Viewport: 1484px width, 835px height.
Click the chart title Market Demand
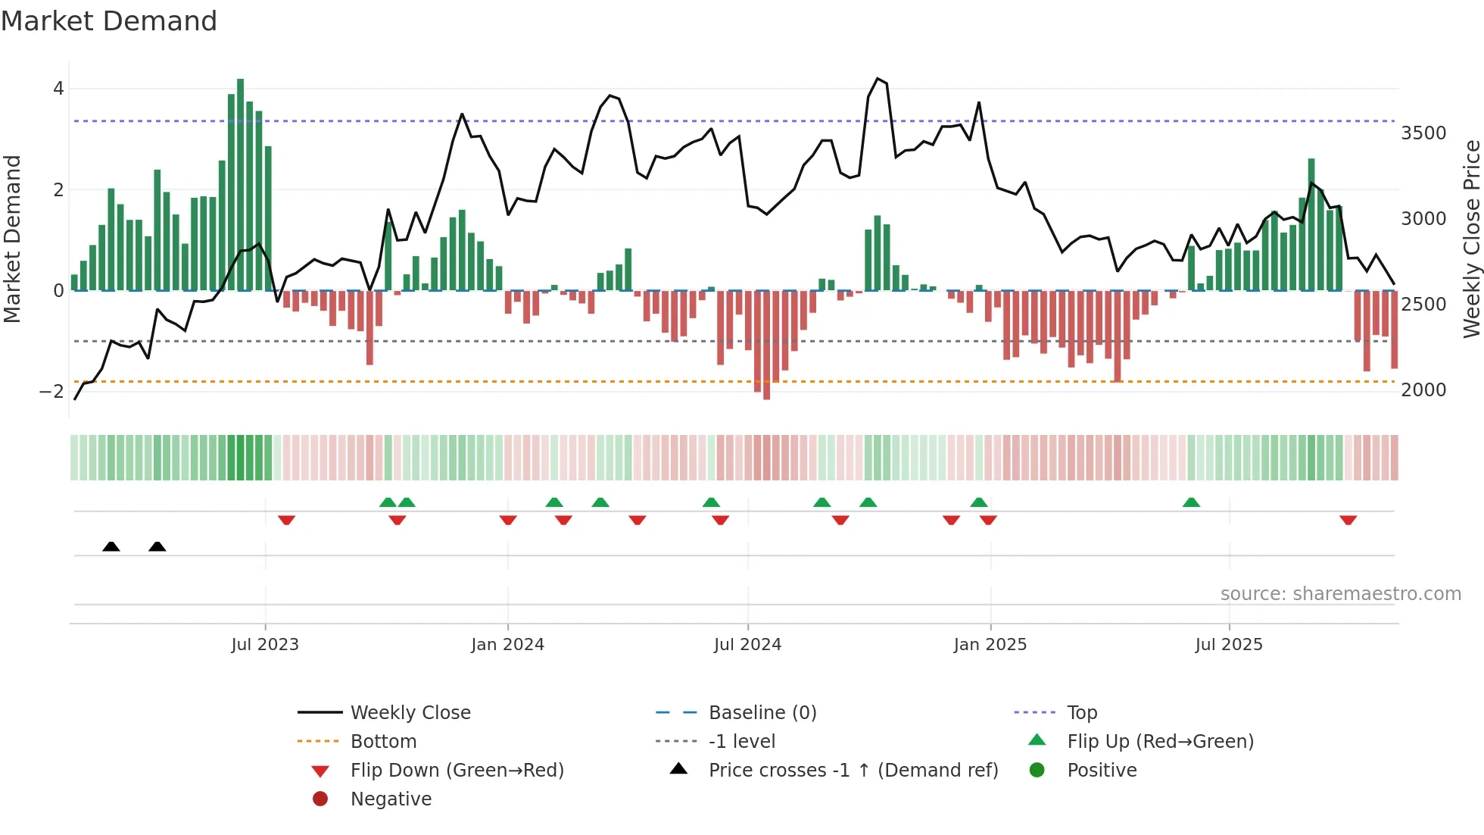point(109,21)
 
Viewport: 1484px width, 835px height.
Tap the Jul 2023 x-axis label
point(265,645)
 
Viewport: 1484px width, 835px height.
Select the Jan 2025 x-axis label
point(990,645)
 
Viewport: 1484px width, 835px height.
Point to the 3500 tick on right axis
point(1423,133)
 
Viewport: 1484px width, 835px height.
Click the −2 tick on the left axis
point(51,392)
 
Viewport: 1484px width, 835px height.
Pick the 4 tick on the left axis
point(58,89)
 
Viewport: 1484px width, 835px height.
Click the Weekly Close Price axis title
point(1471,239)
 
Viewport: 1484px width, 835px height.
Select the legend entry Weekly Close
point(410,713)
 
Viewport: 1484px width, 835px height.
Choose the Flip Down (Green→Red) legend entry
point(457,771)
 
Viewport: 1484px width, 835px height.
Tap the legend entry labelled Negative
point(391,799)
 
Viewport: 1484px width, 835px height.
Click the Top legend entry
point(1081,713)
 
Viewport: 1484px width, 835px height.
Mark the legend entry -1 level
point(741,742)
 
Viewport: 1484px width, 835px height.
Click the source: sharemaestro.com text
point(1340,594)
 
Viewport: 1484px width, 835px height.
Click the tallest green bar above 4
point(240,182)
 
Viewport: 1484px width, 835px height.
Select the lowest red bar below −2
point(766,345)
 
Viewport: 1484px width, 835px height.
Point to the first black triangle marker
point(111,546)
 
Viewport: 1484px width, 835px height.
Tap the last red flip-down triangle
point(1348,520)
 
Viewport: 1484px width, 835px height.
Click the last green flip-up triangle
point(1191,502)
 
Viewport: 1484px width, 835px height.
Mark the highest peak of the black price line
point(878,79)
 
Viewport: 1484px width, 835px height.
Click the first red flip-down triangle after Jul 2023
point(286,520)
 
